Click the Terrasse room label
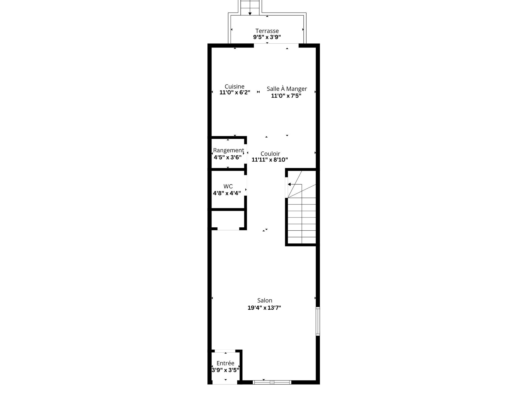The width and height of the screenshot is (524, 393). pos(267,31)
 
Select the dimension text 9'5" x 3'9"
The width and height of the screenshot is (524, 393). pos(267,37)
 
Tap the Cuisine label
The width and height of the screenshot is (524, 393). pos(234,87)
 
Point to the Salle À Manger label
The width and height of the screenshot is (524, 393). pos(287,89)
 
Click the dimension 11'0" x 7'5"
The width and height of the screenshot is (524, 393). pos(286,96)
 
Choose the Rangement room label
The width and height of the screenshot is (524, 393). pos(228,150)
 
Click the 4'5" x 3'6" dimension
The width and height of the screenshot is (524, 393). pos(228,157)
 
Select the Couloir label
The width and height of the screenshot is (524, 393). pos(270,154)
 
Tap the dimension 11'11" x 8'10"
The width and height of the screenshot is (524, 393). pos(270,160)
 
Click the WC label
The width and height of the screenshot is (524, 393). pos(228,186)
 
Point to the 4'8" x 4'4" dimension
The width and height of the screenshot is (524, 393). pos(227,193)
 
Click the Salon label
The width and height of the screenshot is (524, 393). pos(264,300)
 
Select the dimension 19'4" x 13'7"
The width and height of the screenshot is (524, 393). pos(264,308)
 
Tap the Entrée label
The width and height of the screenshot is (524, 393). pos(225,363)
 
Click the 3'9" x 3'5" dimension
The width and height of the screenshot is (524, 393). pos(225,370)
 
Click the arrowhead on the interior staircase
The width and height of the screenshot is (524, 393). pos(289,184)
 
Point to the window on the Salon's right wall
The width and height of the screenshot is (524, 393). pos(318,321)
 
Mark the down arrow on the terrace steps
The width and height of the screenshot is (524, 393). pos(250,13)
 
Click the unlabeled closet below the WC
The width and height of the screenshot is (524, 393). pos(228,219)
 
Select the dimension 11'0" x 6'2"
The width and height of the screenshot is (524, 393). pos(235,93)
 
